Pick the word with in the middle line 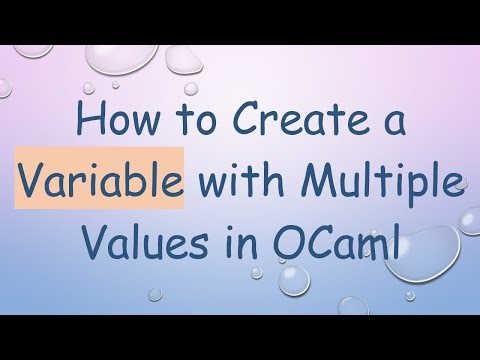[x=234, y=184]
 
